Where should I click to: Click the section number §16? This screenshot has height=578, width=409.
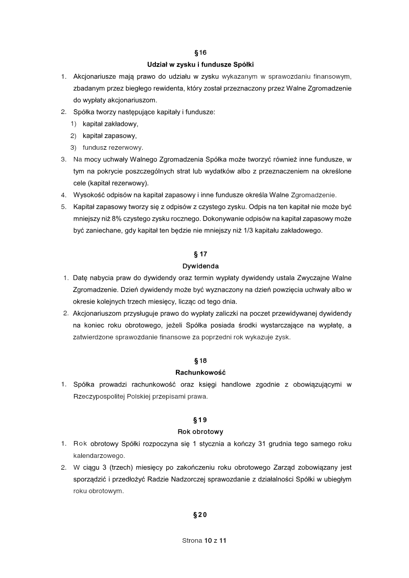[201, 53]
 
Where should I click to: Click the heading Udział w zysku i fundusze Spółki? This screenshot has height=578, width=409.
[201, 64]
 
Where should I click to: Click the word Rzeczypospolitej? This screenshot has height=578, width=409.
[98, 396]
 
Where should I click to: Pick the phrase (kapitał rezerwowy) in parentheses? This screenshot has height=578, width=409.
[118, 183]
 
